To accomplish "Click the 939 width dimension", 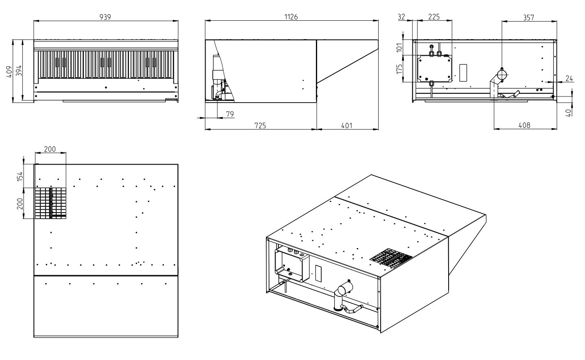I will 105,17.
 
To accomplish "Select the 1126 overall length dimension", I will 291,17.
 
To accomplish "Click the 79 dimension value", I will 230,114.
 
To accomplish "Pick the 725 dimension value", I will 260,125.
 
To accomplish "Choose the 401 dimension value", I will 347,125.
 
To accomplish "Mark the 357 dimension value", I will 528,17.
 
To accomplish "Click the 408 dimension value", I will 524,125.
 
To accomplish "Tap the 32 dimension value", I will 401,17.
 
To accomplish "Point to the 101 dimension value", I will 399,48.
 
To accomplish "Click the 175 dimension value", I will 399,68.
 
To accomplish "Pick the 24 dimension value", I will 569,78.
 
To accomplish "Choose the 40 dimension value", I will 569,111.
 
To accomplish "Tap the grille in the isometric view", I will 391,257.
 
